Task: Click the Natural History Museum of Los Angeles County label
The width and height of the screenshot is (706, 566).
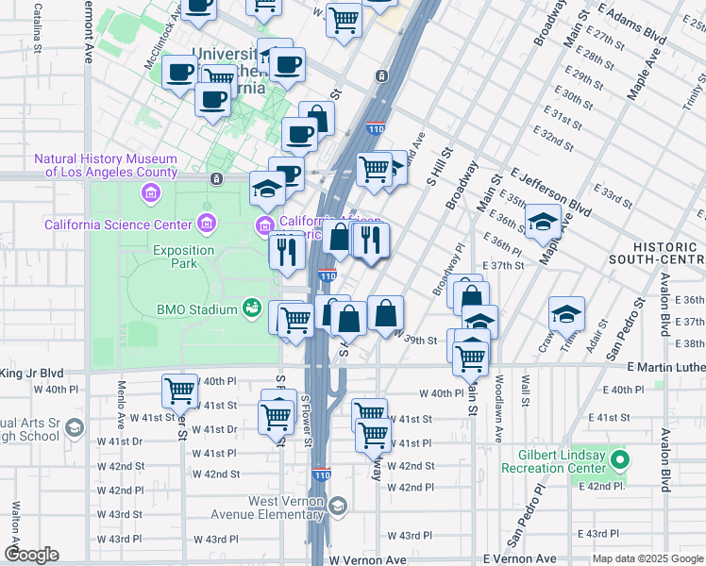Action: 106,165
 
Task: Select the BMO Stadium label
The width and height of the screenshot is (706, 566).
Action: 195,308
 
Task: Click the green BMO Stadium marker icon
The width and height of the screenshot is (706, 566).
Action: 251,308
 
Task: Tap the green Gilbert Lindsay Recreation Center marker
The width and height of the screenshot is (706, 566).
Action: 619,461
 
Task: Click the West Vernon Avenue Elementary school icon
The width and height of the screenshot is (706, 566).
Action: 338,508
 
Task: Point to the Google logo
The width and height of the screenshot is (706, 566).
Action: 32,555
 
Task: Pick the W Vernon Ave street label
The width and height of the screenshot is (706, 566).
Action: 368,559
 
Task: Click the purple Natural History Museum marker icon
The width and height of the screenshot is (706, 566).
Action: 149,193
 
